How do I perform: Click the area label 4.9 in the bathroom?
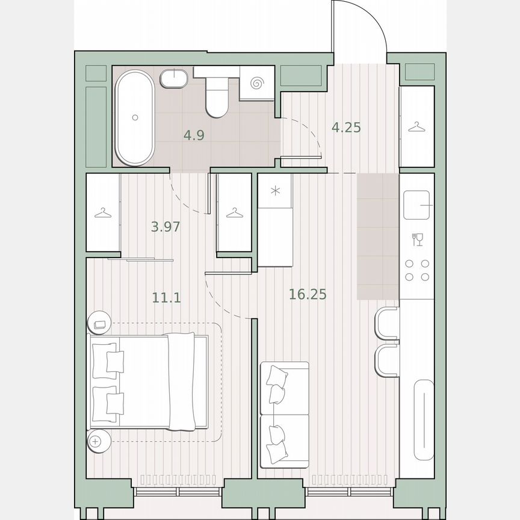194,135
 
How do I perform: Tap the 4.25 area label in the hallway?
346,128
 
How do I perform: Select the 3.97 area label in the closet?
166,227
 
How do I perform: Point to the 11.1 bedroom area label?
167,297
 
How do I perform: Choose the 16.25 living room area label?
308,294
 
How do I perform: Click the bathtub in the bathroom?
135,117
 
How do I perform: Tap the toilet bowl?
216,100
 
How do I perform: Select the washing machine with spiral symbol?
258,82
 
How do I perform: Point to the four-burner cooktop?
416,270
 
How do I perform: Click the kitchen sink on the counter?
417,205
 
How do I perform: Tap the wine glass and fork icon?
417,240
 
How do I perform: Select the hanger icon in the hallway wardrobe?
416,127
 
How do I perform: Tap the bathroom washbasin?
175,79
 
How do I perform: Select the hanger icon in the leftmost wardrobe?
103,212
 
